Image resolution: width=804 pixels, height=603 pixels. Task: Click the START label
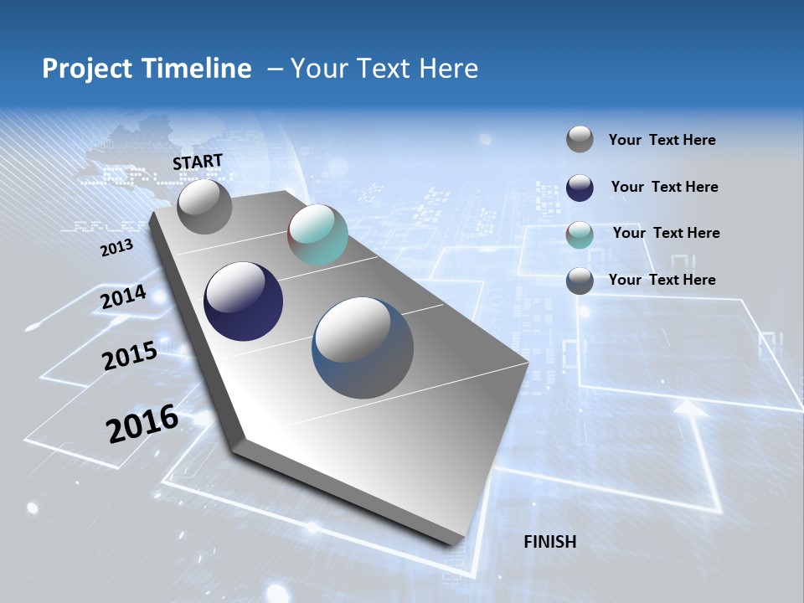198,161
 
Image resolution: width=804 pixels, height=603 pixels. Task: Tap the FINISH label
549,542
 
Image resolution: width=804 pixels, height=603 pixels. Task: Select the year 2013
116,248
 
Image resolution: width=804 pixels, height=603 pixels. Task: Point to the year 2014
123,296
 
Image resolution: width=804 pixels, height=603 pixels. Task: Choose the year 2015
129,356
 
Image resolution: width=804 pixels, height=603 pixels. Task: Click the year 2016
142,423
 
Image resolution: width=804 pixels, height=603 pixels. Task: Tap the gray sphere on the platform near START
205,207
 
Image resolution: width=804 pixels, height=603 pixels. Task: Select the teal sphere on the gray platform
317,234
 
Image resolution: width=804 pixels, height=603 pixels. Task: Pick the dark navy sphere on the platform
243,301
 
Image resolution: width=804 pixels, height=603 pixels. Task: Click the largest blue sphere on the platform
363,348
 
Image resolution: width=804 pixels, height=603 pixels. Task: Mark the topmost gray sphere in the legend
580,140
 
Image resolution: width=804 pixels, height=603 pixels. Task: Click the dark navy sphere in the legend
580,188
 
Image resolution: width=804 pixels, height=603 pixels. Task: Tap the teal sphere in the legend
580,234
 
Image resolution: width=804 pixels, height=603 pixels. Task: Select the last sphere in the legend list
580,281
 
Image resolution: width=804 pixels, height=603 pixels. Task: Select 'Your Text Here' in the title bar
384,69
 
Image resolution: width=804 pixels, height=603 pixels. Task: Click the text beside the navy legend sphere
664,187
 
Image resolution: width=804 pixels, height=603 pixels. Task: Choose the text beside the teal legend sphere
666,233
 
